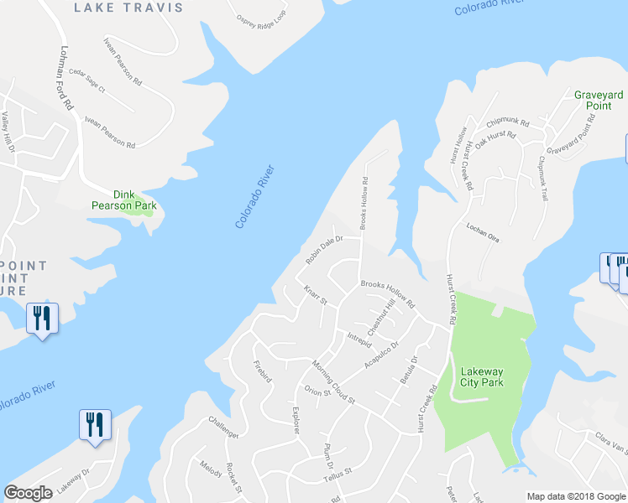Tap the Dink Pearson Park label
[124, 198]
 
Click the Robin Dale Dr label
[325, 249]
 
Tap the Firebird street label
[263, 372]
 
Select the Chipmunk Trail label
[542, 179]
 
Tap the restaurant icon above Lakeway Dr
[93, 424]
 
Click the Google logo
[28, 493]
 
